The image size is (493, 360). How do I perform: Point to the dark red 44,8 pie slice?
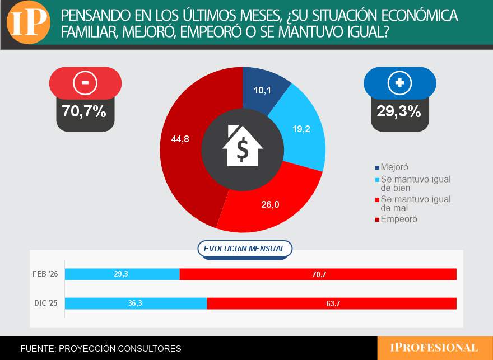[182, 140]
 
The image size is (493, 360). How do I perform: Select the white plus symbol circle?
[399, 83]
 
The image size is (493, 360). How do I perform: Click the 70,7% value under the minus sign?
[85, 111]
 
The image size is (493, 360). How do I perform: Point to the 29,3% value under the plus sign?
[399, 111]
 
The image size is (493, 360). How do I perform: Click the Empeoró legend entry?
[398, 219]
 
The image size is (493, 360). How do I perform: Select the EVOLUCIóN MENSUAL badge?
[244, 249]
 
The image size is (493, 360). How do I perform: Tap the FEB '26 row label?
[46, 274]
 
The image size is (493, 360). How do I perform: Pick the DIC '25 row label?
[46, 303]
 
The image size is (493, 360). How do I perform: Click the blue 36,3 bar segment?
[136, 303]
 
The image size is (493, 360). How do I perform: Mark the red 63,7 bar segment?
[332, 303]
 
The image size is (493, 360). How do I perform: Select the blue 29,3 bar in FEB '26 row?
[122, 274]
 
